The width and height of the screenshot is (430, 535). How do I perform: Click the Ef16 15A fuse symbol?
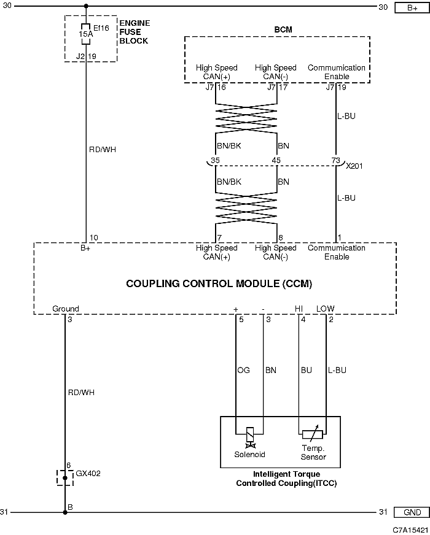86,34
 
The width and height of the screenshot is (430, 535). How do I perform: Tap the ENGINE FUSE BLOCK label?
135,32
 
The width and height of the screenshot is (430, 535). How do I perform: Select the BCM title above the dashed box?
283,29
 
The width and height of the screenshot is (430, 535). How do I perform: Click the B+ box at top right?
412,7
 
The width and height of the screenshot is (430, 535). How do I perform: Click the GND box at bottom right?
412,512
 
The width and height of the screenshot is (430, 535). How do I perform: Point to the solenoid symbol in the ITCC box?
250,437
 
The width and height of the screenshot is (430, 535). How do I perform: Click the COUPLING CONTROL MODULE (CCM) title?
219,283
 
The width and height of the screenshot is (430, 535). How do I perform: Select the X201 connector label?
354,166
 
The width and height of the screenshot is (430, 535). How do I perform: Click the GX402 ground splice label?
88,473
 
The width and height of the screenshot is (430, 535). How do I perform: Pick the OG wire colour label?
243,370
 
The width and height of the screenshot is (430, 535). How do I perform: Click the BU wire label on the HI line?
307,370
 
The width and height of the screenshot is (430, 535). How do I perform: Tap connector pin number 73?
336,160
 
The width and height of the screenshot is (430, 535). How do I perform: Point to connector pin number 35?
215,160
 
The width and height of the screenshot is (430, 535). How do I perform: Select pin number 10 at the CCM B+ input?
93,237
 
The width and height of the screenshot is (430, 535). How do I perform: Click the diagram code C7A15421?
410,529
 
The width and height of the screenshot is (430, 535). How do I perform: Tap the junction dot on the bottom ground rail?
65,512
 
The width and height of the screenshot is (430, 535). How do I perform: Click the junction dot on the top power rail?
86,6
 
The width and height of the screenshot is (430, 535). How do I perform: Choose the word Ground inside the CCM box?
66,309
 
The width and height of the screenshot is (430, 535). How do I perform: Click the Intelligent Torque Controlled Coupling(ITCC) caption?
286,479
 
